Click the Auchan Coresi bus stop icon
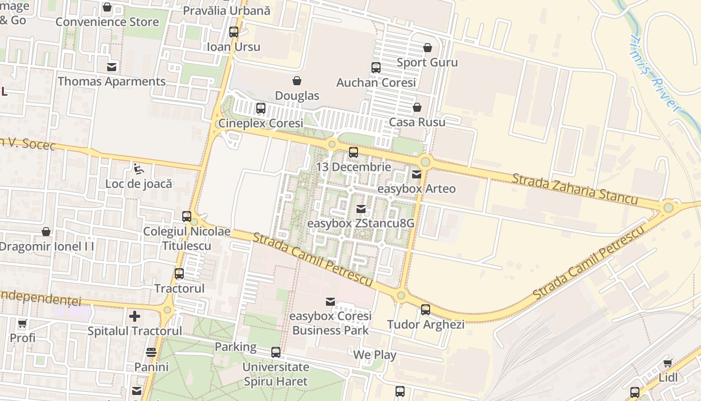point(376,68)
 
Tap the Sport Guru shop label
point(427,63)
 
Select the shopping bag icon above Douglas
point(297,81)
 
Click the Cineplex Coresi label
point(261,123)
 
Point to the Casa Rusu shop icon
point(417,107)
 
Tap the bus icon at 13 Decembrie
point(354,152)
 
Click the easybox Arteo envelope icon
point(417,174)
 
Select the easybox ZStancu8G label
point(361,224)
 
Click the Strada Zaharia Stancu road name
point(575,189)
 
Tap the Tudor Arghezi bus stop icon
point(426,310)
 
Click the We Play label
point(375,355)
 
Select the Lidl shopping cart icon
point(667,363)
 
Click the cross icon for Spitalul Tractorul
point(135,316)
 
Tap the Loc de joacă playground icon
point(139,169)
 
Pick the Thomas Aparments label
point(112,81)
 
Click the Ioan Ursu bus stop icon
point(234,32)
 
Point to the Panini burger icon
point(151,352)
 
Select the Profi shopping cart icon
point(23,323)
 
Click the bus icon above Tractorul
point(179,274)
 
